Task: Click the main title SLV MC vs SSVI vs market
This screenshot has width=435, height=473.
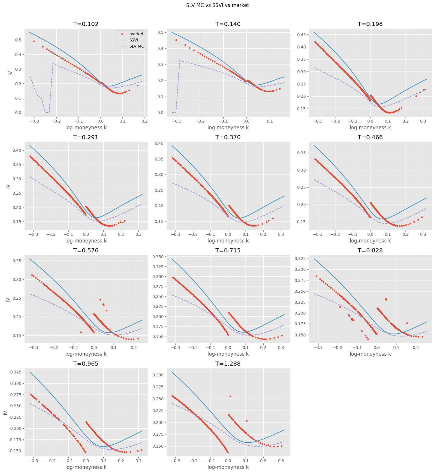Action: pos(218,5)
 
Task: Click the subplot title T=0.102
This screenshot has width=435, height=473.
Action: pos(86,24)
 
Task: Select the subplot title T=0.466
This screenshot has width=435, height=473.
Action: pos(370,137)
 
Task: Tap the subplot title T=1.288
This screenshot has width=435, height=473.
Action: pos(228,364)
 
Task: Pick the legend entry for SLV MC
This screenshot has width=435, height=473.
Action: pos(137,46)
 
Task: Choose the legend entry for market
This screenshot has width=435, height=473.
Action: pos(136,34)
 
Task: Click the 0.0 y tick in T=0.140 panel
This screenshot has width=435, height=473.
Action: pos(160,113)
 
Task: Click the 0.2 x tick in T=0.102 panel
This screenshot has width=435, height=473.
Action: pos(144,121)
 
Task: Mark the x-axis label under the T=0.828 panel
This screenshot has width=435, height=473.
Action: pos(370,354)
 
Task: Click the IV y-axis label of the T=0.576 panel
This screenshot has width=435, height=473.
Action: pos(8,299)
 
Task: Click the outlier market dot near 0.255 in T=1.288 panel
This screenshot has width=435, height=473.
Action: pos(230,396)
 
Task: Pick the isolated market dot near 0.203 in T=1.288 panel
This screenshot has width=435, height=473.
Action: pos(247,421)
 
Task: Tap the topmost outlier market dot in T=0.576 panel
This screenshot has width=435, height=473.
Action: pos(100,300)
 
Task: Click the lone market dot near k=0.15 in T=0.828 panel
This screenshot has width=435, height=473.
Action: pos(407,323)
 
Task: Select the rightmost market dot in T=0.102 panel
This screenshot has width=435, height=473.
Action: pos(138,85)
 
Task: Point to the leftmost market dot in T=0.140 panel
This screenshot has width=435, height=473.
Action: pos(176,40)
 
